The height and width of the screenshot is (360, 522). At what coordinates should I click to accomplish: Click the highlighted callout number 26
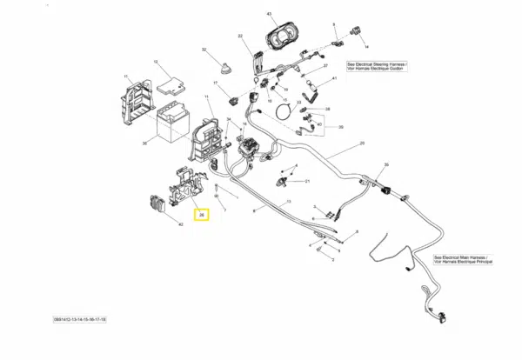201,214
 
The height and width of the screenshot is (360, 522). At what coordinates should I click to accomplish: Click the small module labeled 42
157,206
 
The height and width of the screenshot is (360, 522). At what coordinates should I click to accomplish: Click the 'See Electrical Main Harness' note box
463,260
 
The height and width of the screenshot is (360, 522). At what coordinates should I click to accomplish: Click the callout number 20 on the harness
360,142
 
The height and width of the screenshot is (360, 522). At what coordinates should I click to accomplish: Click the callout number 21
306,181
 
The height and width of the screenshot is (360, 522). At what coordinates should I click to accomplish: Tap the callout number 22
239,36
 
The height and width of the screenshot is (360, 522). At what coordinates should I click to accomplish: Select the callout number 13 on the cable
288,201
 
